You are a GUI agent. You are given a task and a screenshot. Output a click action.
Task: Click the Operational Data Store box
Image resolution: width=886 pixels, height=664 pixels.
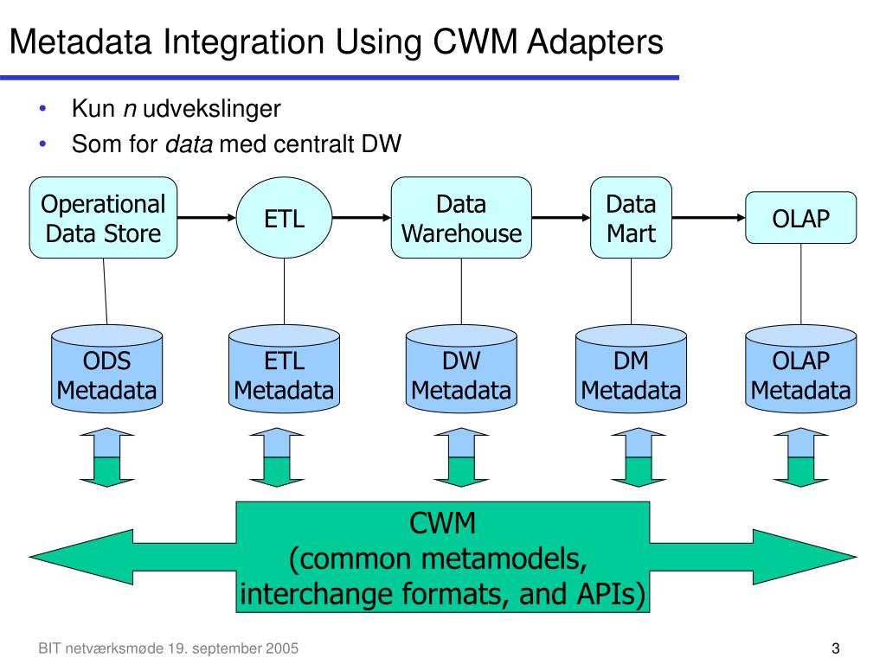(103, 218)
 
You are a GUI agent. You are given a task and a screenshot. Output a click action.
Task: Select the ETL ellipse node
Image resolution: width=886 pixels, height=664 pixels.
(284, 218)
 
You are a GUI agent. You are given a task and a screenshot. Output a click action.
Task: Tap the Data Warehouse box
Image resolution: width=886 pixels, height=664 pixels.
(461, 218)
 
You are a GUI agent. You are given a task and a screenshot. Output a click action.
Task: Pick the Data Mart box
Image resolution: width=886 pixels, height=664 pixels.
(631, 218)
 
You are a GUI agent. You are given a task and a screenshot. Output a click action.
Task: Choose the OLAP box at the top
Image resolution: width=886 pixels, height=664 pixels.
(800, 218)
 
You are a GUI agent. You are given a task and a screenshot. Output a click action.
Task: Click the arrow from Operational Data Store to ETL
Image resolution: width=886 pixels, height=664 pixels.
(207, 218)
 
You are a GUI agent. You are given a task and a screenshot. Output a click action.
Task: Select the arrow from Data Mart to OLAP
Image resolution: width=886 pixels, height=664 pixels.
(709, 218)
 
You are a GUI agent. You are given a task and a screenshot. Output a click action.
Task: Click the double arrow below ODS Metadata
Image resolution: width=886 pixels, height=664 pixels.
(107, 458)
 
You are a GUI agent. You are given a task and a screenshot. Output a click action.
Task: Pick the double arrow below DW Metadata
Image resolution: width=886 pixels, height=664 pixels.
(461, 458)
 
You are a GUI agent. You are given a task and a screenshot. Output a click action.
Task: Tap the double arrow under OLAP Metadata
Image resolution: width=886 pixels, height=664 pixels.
(800, 458)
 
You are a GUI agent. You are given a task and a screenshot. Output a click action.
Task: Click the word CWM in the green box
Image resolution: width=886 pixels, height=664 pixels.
(442, 524)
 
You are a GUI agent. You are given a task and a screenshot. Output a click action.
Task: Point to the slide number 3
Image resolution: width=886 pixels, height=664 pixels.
(836, 648)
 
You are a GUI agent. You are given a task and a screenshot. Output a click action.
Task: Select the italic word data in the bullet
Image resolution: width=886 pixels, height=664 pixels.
(189, 144)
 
